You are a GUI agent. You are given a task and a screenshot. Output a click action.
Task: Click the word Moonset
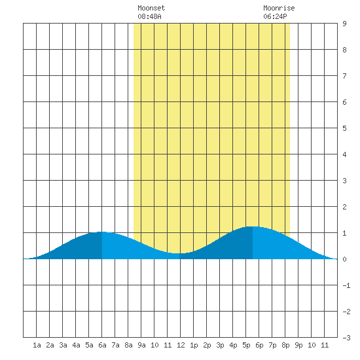(151, 8)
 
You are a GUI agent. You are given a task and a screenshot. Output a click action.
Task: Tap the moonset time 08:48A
(149, 16)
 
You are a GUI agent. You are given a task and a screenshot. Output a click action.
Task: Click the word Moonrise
(279, 8)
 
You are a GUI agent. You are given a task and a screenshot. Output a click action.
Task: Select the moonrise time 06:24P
(275, 16)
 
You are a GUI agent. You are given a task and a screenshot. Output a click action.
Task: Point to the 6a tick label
(102, 345)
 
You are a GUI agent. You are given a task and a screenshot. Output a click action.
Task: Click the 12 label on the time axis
(181, 345)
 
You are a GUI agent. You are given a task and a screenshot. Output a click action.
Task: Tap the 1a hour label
(37, 345)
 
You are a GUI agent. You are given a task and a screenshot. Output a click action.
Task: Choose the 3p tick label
(220, 345)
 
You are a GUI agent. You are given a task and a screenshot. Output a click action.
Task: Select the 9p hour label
(298, 345)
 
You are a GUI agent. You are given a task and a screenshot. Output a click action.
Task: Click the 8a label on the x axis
(128, 345)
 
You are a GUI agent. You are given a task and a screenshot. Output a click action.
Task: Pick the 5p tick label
(246, 345)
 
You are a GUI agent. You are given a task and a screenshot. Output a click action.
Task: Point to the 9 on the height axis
(344, 24)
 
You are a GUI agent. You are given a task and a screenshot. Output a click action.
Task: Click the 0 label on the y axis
(344, 259)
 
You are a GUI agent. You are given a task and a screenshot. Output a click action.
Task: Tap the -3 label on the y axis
(346, 338)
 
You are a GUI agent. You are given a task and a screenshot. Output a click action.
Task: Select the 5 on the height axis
(344, 128)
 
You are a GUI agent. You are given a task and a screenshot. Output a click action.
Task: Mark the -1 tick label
(346, 285)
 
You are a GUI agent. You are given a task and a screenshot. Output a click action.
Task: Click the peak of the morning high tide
(102, 232)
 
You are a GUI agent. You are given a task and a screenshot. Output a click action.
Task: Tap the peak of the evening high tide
(253, 226)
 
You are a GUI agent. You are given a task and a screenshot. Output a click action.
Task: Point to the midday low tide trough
(179, 253)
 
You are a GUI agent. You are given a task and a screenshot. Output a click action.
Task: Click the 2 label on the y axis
(344, 207)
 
